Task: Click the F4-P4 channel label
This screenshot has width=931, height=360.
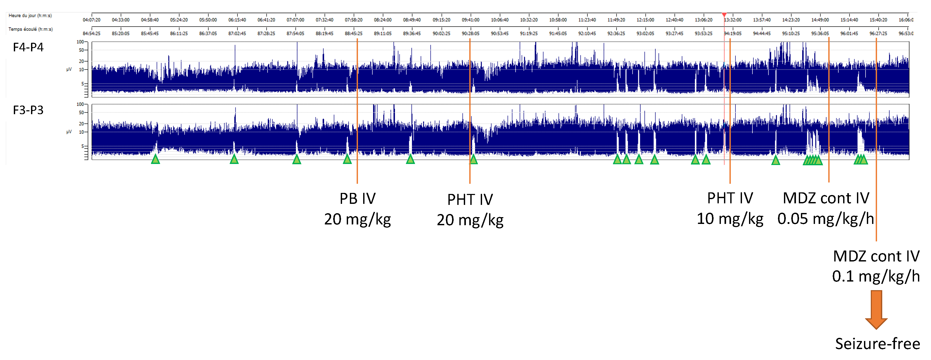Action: pyautogui.click(x=28, y=47)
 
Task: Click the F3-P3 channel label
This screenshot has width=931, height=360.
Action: pyautogui.click(x=28, y=110)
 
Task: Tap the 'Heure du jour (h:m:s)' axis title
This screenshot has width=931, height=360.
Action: pyautogui.click(x=30, y=16)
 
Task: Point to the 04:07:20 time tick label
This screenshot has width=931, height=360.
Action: pyautogui.click(x=92, y=20)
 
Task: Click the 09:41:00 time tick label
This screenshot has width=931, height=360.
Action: pyautogui.click(x=470, y=20)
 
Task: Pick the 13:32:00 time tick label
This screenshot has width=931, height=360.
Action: pyautogui.click(x=733, y=20)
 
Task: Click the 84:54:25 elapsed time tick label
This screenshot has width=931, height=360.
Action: pyautogui.click(x=92, y=33)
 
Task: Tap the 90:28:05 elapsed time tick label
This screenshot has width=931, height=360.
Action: pyautogui.click(x=470, y=33)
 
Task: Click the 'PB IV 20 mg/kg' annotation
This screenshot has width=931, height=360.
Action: pyautogui.click(x=357, y=209)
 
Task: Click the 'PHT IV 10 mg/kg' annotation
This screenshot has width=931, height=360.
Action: pyautogui.click(x=730, y=209)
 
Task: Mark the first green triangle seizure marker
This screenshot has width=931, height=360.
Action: pyautogui.click(x=155, y=159)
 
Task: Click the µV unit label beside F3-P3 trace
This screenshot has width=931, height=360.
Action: pyautogui.click(x=69, y=132)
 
